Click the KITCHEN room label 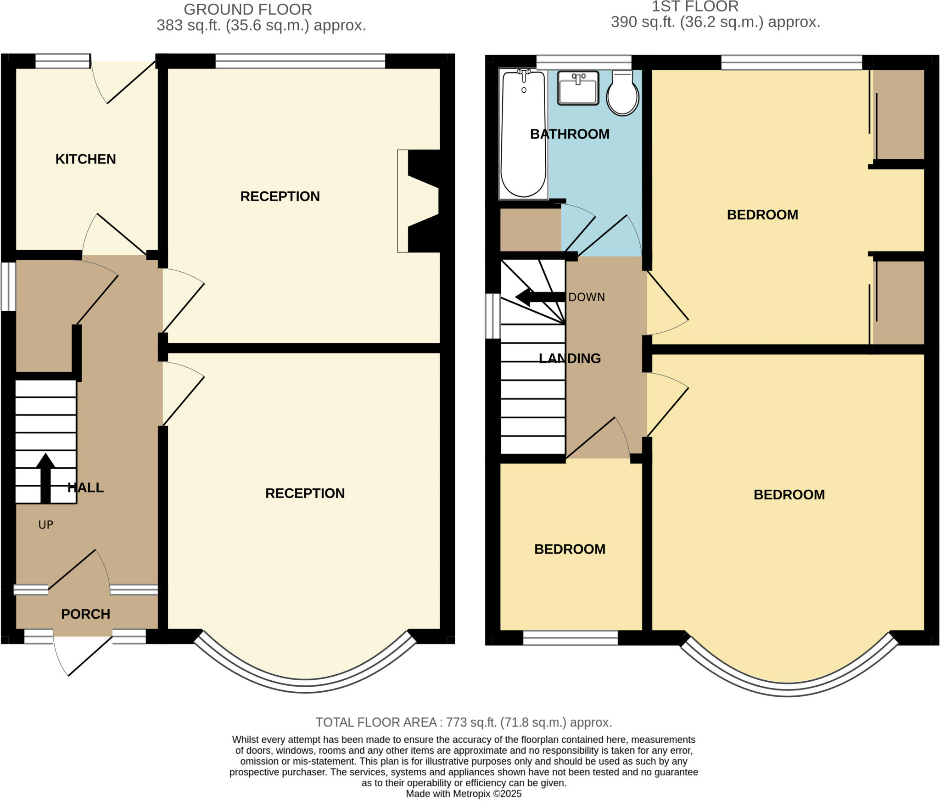(x=85, y=159)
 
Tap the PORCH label (x=85, y=614)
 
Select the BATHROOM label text (x=570, y=134)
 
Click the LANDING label (x=570, y=358)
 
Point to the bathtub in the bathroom (x=523, y=138)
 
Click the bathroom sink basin (x=578, y=88)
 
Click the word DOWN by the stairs (x=587, y=297)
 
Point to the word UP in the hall (x=45, y=525)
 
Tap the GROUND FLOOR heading (x=248, y=9)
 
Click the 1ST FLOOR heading (x=695, y=6)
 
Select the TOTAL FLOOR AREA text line (x=464, y=722)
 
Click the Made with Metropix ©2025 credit (x=464, y=794)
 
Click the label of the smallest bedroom (x=570, y=549)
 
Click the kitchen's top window (x=62, y=61)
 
